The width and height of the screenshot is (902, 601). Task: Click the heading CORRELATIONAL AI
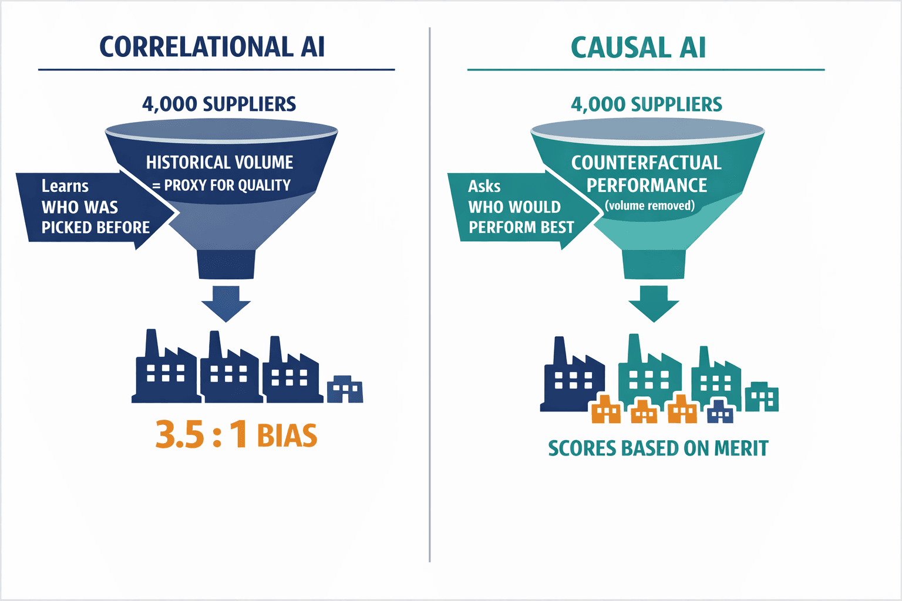pos(212,47)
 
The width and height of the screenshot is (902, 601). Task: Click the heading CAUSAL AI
pos(638,48)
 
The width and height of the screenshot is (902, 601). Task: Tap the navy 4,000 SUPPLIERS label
pos(219,104)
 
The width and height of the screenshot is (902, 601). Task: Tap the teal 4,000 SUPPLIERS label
pos(647,104)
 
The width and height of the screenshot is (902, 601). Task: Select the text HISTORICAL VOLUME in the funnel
pos(220,162)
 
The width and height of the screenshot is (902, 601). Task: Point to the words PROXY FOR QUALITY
pos(227,185)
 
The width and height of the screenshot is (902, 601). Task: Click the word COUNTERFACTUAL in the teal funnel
pos(646,163)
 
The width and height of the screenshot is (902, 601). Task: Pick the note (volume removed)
pos(649,205)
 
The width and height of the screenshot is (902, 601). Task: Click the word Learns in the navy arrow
pos(65,186)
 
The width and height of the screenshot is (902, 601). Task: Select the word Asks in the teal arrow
pos(484,187)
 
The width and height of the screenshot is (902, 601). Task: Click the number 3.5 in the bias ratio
pos(180,435)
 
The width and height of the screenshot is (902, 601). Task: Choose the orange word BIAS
pos(287,436)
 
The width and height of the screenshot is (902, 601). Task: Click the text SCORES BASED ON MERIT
pos(658,448)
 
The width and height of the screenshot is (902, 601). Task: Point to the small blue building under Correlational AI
pos(345,390)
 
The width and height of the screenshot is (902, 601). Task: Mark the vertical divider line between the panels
pos(430,293)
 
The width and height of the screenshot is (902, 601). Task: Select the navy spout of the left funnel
pos(226,264)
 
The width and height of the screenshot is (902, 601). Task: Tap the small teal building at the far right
pos(762,397)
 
